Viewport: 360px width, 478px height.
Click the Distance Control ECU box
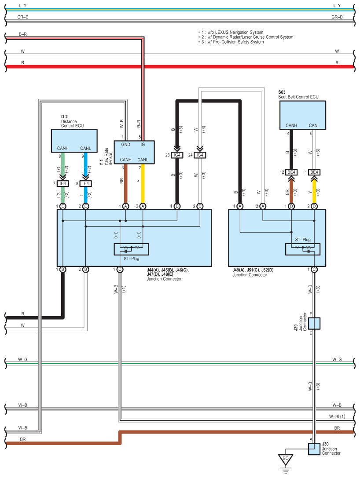pos(74,141)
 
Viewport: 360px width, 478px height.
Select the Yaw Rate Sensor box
pos(134,153)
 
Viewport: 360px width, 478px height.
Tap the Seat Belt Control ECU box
pos(303,115)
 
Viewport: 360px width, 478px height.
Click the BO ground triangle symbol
pos(286,460)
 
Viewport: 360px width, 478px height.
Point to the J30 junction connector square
pos(314,449)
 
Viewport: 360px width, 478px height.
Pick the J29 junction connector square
pos(314,324)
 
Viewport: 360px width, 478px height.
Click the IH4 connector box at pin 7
pos(63,183)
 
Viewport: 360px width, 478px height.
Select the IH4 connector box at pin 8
pos(86,183)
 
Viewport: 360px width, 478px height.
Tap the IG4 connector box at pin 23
pos(177,155)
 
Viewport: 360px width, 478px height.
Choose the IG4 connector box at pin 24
pos(200,155)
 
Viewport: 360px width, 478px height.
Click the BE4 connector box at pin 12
pos(291,172)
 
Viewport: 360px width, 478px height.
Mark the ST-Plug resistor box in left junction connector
pos(132,249)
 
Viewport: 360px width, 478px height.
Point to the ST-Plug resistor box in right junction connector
pos(303,249)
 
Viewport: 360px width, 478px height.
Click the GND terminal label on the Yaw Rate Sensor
pos(126,145)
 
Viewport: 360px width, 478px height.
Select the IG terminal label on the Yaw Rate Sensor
pos(143,145)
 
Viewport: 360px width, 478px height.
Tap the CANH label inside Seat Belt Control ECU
pos(291,125)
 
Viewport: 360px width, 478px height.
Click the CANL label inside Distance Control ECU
pos(86,148)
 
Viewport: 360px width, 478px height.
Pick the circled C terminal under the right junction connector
pos(314,270)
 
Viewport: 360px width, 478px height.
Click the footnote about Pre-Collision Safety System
pos(231,42)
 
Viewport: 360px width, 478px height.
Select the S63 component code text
pos(282,92)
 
